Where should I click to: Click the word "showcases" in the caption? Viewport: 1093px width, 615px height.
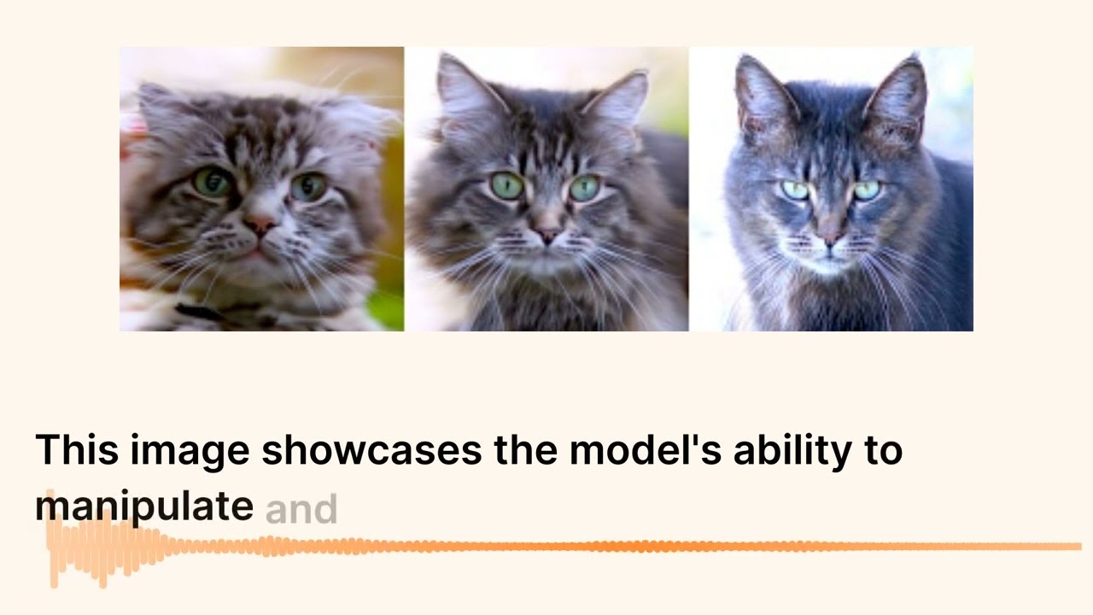click(371, 450)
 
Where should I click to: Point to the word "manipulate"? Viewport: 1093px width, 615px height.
click(143, 507)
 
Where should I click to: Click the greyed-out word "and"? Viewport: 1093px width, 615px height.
click(301, 509)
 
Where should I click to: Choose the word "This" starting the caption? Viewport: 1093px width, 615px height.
click(77, 450)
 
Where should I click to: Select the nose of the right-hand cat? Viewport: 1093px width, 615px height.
click(829, 238)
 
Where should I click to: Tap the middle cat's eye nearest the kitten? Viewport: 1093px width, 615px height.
click(506, 184)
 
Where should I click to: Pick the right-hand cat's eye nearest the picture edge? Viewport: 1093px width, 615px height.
click(866, 190)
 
